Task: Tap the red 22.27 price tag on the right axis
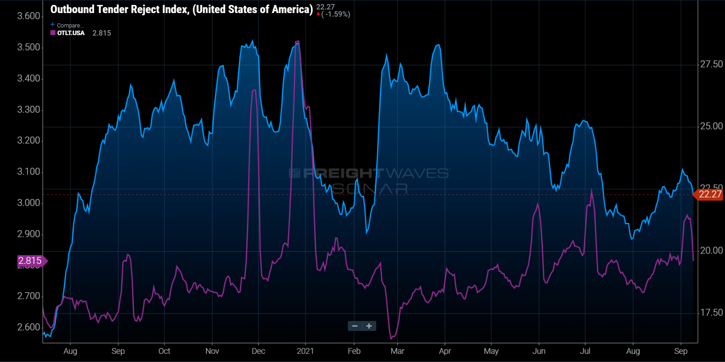pyautogui.click(x=710, y=195)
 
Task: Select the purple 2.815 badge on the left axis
pyautogui.click(x=30, y=261)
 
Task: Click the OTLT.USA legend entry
pyautogui.click(x=70, y=33)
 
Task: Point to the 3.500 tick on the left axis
pyautogui.click(x=28, y=47)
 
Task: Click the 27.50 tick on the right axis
pyautogui.click(x=711, y=64)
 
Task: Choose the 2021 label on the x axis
pyautogui.click(x=305, y=351)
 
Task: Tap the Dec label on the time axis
pyautogui.click(x=258, y=351)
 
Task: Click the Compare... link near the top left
pyautogui.click(x=70, y=25)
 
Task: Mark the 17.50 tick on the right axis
pyautogui.click(x=711, y=312)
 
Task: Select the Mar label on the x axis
pyautogui.click(x=397, y=351)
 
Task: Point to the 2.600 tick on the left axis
pyautogui.click(x=28, y=327)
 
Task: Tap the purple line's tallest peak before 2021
pyautogui.click(x=297, y=41)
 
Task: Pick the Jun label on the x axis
pyautogui.click(x=538, y=351)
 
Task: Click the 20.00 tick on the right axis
pyautogui.click(x=711, y=251)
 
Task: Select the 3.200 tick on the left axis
pyautogui.click(x=28, y=140)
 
